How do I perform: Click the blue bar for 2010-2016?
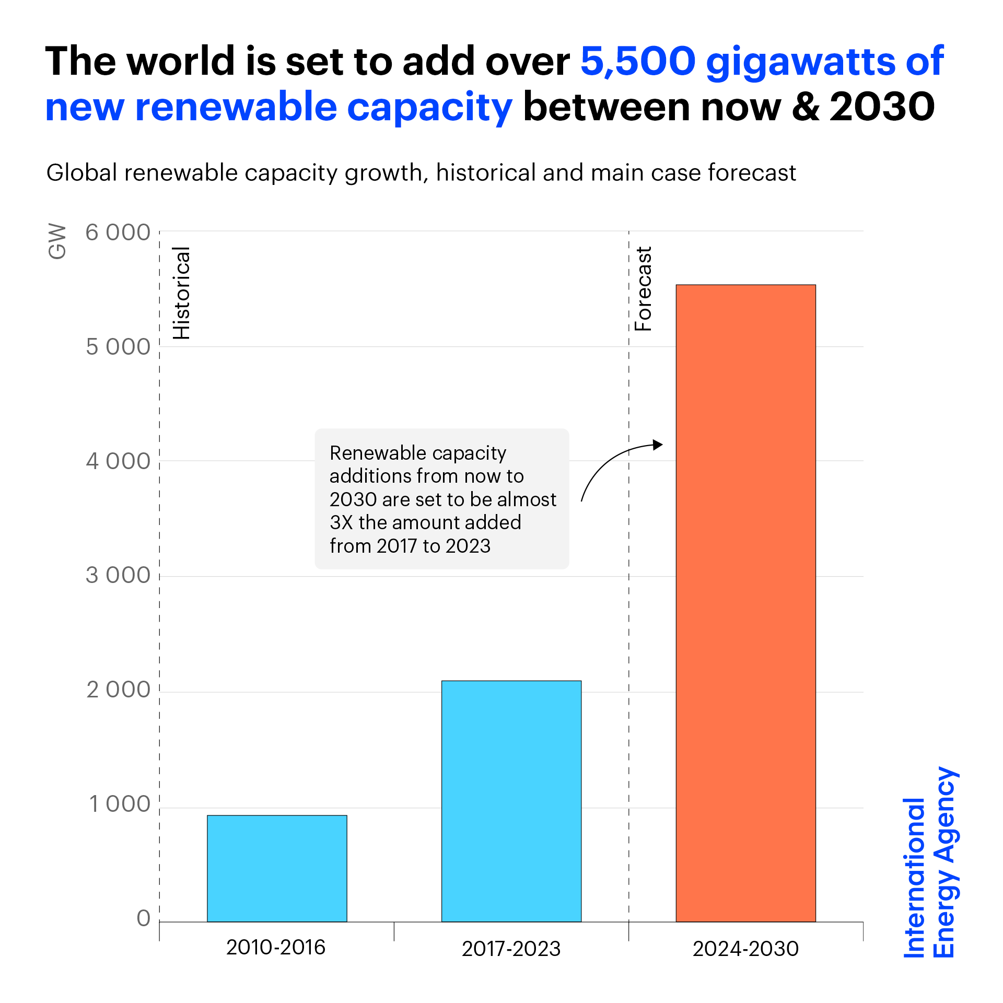[277, 868]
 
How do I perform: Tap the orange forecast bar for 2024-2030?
[745, 603]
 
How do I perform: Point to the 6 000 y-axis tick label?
[118, 233]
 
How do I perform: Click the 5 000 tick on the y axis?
[118, 347]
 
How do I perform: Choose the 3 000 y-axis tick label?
[118, 576]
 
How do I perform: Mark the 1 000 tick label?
[120, 804]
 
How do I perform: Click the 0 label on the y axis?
[144, 918]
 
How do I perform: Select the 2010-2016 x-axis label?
[276, 948]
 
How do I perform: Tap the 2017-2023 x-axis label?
[511, 949]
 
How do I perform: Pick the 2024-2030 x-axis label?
[745, 949]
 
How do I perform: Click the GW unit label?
[57, 242]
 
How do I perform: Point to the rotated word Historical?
[182, 293]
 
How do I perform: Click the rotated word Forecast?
[644, 289]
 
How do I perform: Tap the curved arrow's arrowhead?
[658, 445]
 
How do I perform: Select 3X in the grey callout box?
[341, 522]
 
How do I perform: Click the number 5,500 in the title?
[638, 62]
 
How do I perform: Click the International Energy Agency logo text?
[930, 862]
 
